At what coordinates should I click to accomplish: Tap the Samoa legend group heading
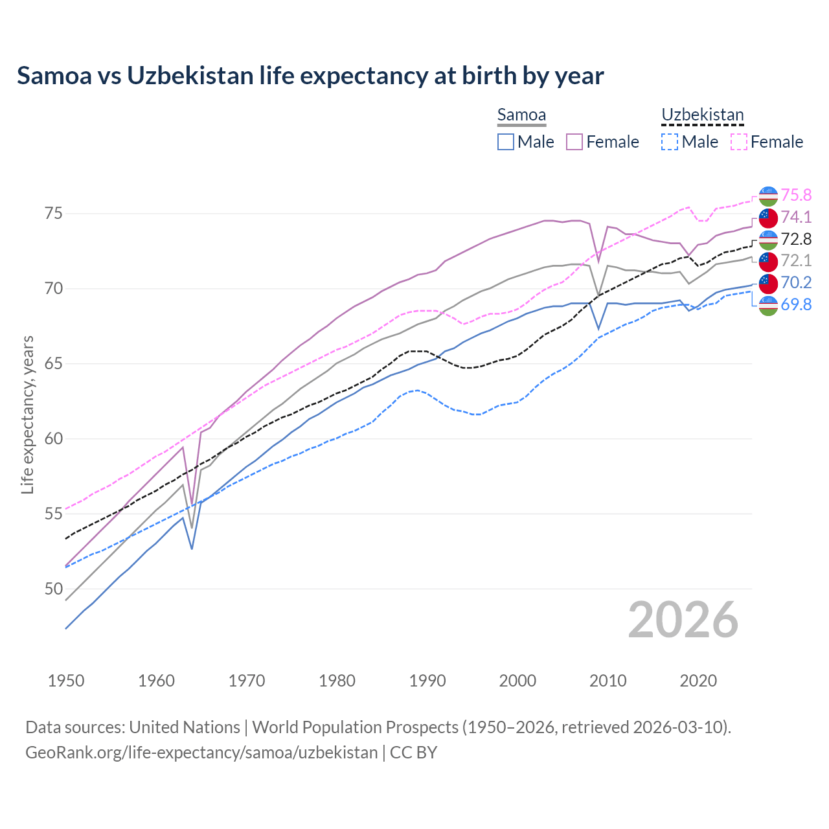521,115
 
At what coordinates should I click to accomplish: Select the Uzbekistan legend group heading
702,115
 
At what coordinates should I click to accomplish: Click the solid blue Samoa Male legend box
506,142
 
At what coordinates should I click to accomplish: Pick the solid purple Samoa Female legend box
574,142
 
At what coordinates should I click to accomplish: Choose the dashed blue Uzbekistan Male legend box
670,142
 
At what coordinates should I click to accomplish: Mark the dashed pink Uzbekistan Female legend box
739,142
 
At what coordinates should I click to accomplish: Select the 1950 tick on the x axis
66,681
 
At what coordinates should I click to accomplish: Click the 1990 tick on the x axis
427,681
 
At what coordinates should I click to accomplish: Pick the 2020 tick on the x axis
698,681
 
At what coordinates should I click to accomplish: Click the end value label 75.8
796,196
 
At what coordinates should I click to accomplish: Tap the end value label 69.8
796,304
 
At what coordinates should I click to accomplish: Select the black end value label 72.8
796,240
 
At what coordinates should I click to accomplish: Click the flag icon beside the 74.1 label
768,218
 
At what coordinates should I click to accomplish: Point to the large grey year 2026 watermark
683,620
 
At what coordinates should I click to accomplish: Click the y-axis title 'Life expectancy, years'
27,414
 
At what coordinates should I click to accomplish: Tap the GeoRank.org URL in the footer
201,753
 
